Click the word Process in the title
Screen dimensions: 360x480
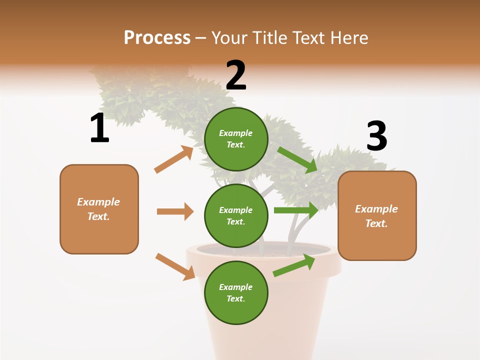157,37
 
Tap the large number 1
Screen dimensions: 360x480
99,128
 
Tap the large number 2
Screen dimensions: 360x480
236,75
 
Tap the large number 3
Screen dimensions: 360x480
376,136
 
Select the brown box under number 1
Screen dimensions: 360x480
99,209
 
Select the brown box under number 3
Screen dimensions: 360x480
377,215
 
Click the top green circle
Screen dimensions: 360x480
236,139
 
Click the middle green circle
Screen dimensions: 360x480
236,215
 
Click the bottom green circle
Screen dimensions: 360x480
236,292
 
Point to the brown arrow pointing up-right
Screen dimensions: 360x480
174,159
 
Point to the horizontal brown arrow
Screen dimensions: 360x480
175,211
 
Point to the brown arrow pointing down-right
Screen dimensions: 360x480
175,266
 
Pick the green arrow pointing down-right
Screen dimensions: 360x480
297,160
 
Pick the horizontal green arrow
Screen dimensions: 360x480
296,210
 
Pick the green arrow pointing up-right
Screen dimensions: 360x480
294,265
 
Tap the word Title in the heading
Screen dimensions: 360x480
269,37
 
